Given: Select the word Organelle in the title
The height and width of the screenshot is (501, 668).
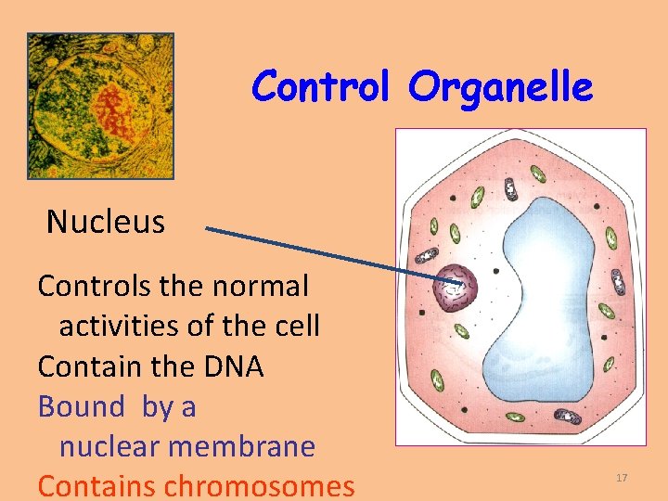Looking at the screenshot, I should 500,87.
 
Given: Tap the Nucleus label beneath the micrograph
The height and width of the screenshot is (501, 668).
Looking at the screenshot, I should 106,222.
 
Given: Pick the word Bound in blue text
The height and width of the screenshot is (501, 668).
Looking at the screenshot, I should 81,406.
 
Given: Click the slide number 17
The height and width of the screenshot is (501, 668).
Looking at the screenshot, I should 622,477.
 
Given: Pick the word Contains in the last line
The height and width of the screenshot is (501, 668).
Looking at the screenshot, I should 96,485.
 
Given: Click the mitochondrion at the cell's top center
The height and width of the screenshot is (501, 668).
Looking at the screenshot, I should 510,189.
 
